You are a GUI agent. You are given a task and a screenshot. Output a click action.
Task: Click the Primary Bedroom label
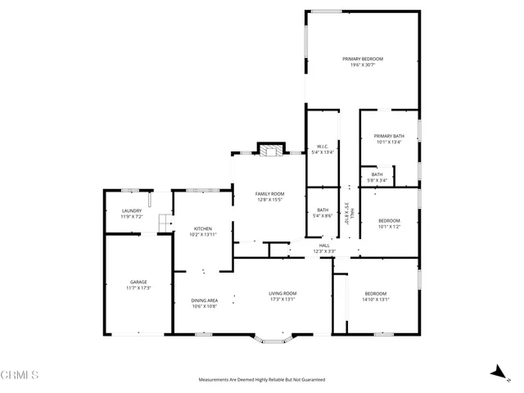coord(363,61)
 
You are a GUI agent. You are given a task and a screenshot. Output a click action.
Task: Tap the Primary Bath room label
coord(389,138)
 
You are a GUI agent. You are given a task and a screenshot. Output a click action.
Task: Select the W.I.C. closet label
coord(323,149)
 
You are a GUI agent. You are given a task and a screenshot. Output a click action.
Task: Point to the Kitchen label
coord(203,231)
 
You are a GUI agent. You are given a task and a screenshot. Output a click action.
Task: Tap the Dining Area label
coord(205,303)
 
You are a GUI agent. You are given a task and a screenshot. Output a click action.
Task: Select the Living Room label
coord(282,296)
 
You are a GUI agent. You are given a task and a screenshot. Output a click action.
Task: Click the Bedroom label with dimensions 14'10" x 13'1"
coord(376,296)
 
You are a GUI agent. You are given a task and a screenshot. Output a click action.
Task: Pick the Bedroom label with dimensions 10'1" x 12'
coord(389,223)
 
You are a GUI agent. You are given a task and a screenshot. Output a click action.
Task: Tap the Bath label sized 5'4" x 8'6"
coord(323,213)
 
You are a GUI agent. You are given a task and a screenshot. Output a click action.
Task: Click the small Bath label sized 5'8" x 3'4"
coord(377,176)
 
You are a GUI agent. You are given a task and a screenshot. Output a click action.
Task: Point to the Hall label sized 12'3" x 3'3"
coord(324,248)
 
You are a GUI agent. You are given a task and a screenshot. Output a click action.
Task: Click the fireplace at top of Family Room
coord(270,149)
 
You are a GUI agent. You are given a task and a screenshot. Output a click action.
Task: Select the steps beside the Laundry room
coord(165,223)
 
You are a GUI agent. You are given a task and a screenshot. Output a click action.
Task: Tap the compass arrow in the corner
coord(497,373)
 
